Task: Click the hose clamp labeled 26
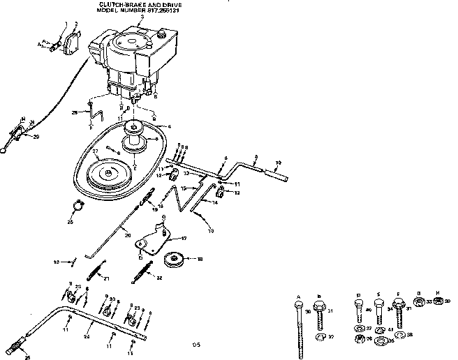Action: [x=80, y=206]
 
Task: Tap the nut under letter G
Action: [x=420, y=301]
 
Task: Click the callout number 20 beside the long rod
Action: [x=127, y=235]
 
